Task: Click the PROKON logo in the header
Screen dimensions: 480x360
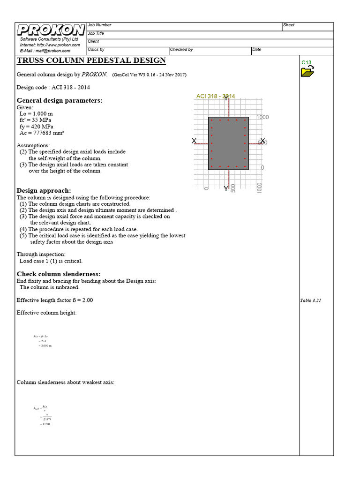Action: (x=51, y=30)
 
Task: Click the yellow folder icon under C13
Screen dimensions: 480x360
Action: (x=307, y=71)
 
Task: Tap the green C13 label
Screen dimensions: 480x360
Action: (x=306, y=62)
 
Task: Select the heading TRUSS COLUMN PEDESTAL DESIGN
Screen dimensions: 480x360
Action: (x=91, y=60)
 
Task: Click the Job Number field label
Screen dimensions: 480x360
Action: (x=99, y=25)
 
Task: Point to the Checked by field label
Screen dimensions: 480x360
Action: (x=181, y=50)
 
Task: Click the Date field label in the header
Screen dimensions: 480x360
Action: (x=257, y=50)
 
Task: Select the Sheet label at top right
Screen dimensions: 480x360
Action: (x=289, y=25)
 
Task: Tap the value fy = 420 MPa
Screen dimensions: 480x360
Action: (x=37, y=127)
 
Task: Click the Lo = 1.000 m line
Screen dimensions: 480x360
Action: (x=36, y=114)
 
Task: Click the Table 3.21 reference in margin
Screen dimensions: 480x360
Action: (x=310, y=300)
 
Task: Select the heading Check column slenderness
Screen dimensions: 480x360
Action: (x=59, y=274)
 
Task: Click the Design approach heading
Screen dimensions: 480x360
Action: (x=44, y=190)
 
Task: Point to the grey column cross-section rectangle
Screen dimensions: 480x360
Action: (x=228, y=143)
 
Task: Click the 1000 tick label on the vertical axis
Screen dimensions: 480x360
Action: (x=262, y=117)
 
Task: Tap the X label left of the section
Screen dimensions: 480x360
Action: (x=194, y=141)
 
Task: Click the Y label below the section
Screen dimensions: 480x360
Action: (x=226, y=188)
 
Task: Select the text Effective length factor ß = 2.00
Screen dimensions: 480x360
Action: (x=55, y=300)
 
